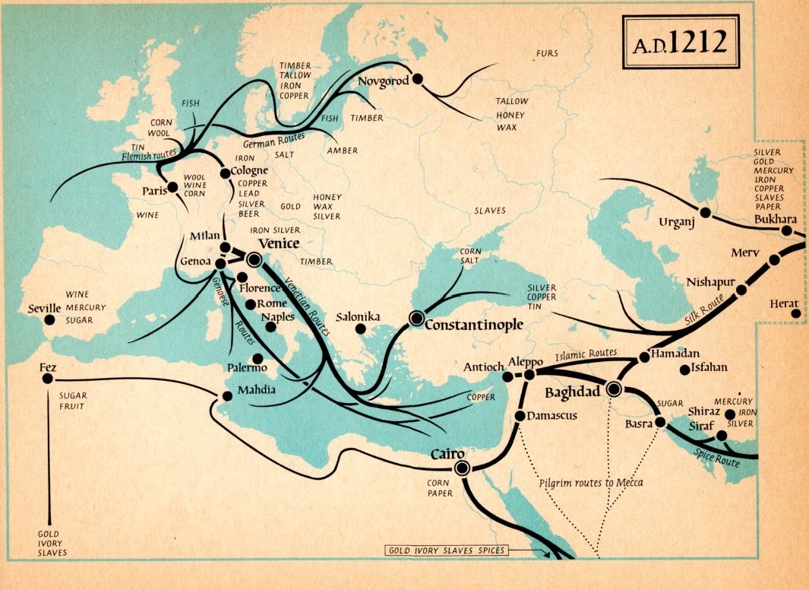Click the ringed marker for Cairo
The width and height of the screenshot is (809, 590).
460,468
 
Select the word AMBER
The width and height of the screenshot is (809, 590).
342,151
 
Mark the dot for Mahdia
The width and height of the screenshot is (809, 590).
226,396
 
